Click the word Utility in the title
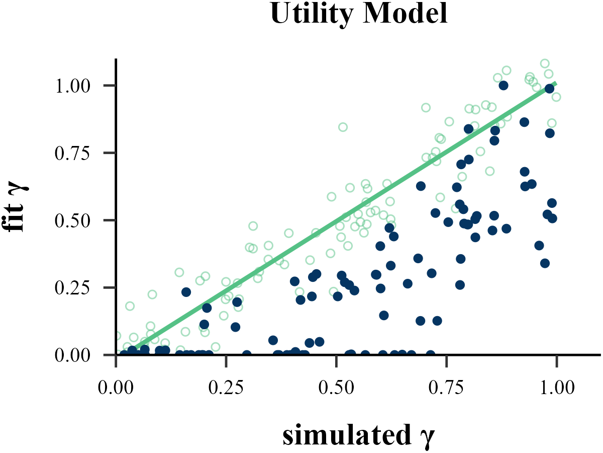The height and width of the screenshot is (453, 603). (311, 15)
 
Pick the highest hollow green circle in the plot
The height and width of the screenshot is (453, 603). (545, 63)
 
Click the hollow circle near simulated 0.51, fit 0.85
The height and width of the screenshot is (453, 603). (343, 127)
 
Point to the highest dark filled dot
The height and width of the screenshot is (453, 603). (504, 86)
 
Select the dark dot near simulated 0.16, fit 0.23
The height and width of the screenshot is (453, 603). (186, 292)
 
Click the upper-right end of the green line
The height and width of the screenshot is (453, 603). (555, 84)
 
